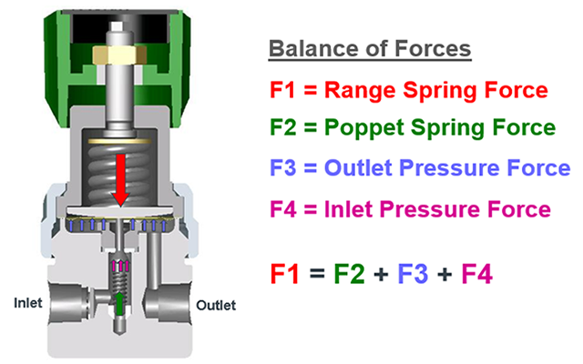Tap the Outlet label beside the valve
coord(216,305)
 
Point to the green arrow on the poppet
coord(119,300)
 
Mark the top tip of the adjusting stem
coord(118,20)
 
